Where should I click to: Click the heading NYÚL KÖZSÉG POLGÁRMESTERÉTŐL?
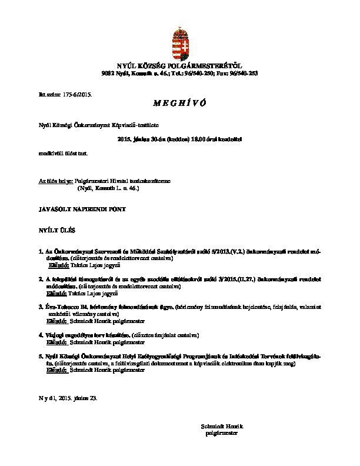(179, 66)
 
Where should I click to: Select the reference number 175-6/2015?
(76, 94)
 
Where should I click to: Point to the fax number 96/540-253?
(244, 73)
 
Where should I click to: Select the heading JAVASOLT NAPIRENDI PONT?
(81, 208)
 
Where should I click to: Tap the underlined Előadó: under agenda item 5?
(57, 371)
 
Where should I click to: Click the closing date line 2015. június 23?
(76, 398)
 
